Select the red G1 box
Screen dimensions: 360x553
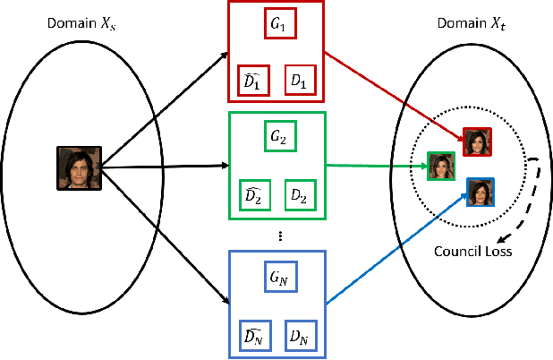276,25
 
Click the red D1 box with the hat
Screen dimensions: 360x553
253,80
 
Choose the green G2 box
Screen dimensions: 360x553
276,138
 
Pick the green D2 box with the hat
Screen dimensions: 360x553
253,193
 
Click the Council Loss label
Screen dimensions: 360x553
472,252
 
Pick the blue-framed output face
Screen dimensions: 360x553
481,192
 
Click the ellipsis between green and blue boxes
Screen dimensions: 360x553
280,235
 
